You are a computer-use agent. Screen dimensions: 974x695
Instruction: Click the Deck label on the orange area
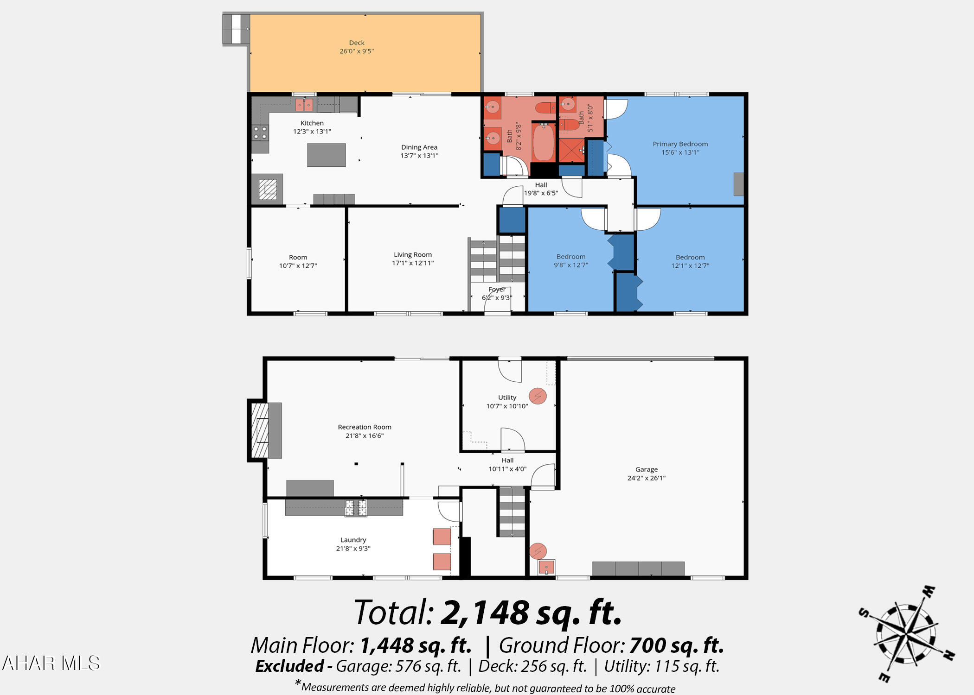coord(357,43)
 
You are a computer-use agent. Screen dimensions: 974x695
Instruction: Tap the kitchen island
coord(327,155)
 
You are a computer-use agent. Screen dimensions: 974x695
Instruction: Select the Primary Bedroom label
coord(680,144)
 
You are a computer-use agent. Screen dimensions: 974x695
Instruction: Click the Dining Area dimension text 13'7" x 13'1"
coord(419,156)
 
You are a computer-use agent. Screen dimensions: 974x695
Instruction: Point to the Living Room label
coord(413,255)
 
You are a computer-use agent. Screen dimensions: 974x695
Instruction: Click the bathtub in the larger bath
coord(543,142)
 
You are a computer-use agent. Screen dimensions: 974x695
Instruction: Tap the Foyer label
coord(497,290)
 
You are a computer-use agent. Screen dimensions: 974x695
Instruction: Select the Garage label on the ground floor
coord(647,469)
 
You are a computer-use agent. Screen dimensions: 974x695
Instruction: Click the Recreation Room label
coord(365,427)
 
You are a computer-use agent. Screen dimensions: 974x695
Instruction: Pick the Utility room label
coord(507,398)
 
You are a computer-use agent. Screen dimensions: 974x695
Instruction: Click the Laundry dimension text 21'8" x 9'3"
coord(353,549)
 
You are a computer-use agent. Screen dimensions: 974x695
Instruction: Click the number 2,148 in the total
coord(485,612)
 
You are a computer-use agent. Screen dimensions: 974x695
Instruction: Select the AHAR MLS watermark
coord(51,663)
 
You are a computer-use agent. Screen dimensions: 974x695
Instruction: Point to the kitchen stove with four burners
coord(260,133)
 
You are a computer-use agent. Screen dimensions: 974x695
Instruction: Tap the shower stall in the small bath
coord(571,151)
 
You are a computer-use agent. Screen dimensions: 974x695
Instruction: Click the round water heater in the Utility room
coord(538,396)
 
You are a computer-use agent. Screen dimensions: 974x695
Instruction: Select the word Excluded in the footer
coord(289,666)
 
